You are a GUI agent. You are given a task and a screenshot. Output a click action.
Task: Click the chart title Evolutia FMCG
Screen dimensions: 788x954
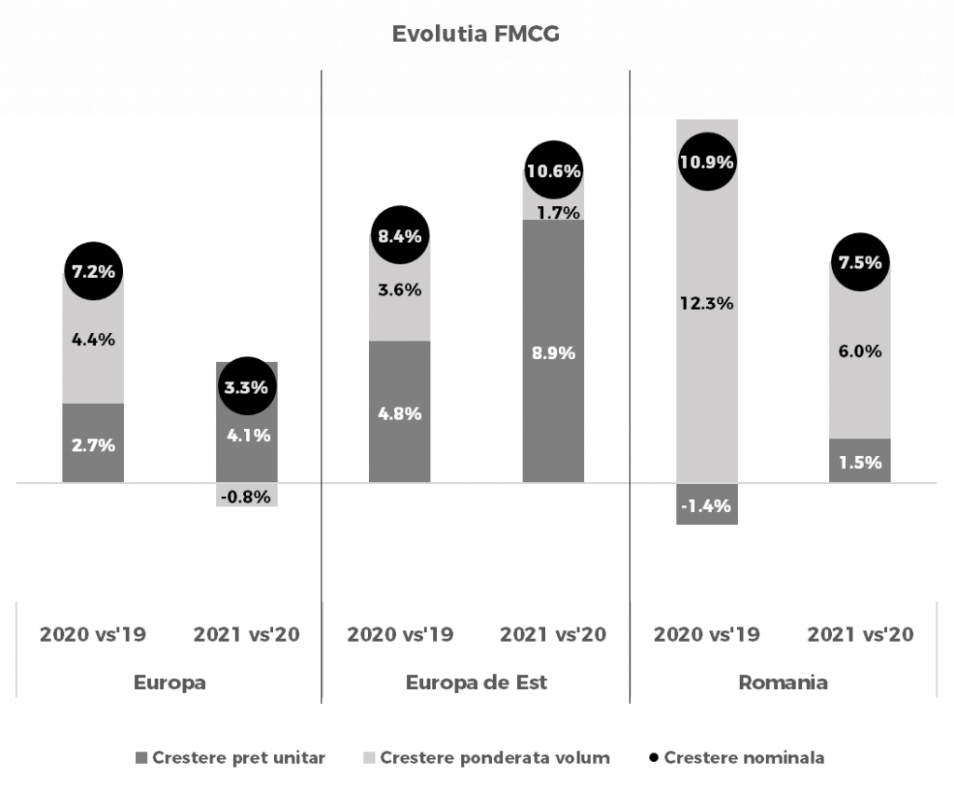pyautogui.click(x=476, y=35)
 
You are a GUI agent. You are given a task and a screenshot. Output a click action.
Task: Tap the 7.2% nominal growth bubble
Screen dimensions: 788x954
pyautogui.click(x=93, y=273)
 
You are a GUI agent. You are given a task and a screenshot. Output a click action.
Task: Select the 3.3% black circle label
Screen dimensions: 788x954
pyautogui.click(x=247, y=386)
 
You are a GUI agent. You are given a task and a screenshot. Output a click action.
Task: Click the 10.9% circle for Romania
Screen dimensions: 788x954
pyautogui.click(x=707, y=161)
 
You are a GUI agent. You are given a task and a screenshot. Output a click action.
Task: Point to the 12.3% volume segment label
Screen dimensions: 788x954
pyautogui.click(x=707, y=303)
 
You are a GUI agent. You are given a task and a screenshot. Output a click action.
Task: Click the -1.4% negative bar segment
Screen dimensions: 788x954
pyautogui.click(x=707, y=505)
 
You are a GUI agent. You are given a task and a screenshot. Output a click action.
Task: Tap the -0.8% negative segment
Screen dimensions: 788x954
pyautogui.click(x=247, y=496)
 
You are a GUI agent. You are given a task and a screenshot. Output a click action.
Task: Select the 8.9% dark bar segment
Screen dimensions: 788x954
pyautogui.click(x=553, y=353)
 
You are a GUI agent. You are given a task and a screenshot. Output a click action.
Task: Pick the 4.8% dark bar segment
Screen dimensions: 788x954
pyautogui.click(x=400, y=413)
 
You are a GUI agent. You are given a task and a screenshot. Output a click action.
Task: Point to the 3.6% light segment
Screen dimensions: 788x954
pyautogui.click(x=400, y=290)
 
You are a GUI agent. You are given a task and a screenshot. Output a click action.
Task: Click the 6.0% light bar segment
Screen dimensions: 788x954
pyautogui.click(x=860, y=352)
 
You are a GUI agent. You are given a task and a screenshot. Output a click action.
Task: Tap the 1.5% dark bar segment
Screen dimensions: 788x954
pyautogui.click(x=860, y=462)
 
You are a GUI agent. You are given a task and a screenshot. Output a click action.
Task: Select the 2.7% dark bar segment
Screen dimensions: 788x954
pyautogui.click(x=93, y=445)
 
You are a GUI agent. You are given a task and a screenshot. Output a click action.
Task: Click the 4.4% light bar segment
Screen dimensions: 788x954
pyautogui.click(x=93, y=339)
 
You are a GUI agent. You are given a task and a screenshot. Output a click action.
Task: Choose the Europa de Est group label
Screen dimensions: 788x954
pyautogui.click(x=477, y=683)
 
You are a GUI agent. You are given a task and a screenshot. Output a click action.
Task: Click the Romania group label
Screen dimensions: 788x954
pyautogui.click(x=784, y=683)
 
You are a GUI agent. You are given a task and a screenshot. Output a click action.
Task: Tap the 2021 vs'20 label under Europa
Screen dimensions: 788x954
pyautogui.click(x=247, y=635)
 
